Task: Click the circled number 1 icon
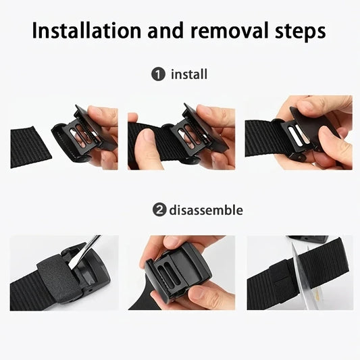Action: point(158,74)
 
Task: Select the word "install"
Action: point(189,74)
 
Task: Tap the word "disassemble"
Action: point(206,210)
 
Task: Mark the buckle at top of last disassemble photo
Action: point(307,239)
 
